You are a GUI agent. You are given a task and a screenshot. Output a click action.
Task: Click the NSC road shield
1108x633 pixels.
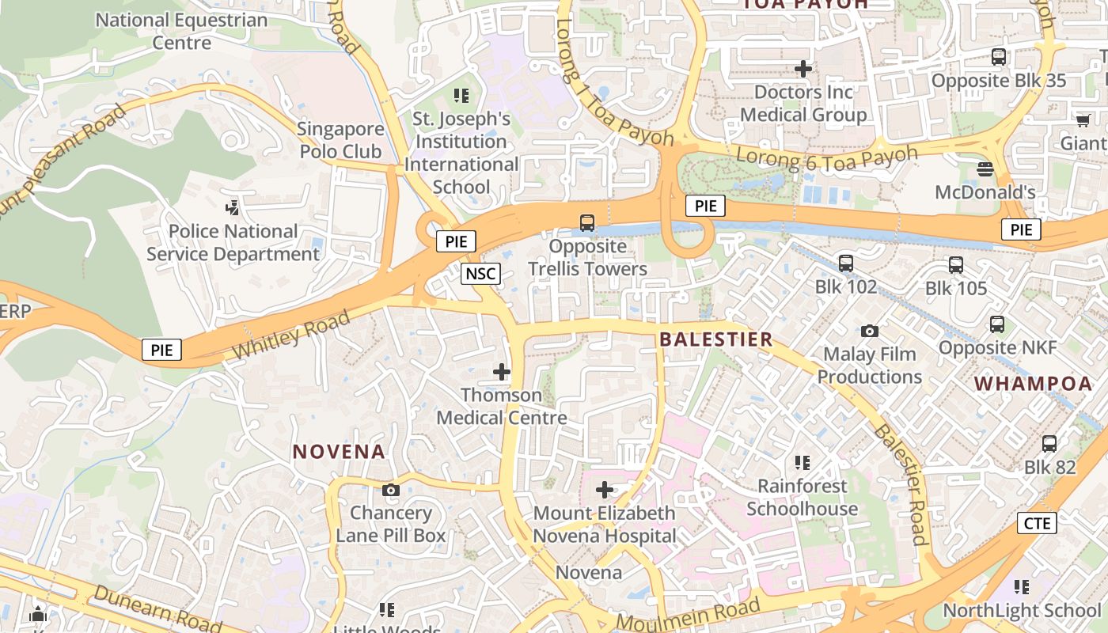480,274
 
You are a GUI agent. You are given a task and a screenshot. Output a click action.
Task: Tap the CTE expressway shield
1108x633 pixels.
1037,523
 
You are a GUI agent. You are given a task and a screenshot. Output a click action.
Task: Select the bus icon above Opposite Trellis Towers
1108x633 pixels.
587,223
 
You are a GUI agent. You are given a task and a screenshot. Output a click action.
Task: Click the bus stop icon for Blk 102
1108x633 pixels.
846,263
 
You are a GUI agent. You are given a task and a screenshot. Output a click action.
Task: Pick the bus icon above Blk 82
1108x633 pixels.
1049,444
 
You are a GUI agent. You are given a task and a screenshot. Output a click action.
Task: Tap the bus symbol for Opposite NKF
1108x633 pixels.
997,324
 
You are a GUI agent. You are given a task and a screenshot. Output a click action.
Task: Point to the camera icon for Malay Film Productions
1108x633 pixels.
870,331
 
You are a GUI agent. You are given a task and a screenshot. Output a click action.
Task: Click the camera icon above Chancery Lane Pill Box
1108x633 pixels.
390,490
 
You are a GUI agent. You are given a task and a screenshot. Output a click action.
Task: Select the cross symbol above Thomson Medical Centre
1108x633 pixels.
502,371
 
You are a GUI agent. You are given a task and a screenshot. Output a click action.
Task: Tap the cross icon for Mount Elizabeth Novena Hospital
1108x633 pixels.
605,490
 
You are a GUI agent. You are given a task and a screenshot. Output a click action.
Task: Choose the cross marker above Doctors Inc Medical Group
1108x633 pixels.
803,69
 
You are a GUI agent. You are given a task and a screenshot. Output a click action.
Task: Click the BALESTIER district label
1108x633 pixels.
715,340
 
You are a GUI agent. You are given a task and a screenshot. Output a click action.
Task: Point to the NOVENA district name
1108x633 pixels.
339,452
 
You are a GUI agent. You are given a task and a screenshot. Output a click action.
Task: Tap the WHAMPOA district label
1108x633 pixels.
1033,384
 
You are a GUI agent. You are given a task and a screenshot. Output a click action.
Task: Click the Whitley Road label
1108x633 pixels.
292,335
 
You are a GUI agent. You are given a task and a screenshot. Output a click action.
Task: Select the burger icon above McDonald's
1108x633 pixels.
985,169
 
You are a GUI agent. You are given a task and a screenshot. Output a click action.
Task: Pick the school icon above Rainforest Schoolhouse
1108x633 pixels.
803,462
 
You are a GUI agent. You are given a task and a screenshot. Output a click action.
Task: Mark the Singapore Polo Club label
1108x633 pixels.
340,140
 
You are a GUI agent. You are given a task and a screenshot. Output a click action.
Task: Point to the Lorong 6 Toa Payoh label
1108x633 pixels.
826,157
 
